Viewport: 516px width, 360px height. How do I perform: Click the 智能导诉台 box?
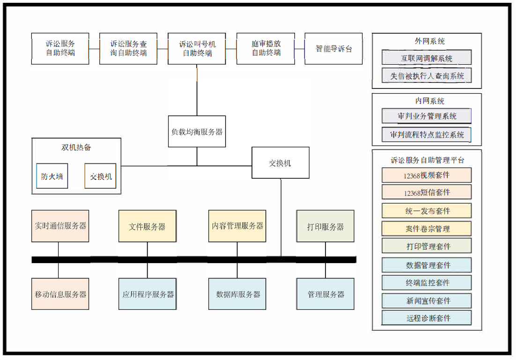[333, 49]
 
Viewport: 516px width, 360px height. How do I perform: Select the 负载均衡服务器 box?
[197, 132]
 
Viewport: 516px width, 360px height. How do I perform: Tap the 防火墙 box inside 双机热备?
[52, 176]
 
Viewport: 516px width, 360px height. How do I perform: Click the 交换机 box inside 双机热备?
[100, 176]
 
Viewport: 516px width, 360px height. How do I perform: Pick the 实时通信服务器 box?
[60, 226]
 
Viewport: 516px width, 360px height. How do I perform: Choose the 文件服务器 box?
[147, 226]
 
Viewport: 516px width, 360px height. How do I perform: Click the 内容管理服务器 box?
[237, 226]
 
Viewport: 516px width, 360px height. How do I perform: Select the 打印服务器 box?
[325, 226]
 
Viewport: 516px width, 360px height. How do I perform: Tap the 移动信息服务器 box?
[60, 294]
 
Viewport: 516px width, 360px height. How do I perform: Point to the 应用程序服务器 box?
[147, 294]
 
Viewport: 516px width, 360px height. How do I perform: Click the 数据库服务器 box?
[237, 294]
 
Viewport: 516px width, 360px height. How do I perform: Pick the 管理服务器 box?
[325, 294]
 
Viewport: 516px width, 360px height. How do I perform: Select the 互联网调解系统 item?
[427, 58]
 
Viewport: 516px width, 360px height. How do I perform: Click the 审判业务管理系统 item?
[427, 116]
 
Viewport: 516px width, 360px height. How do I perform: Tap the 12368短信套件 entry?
[427, 192]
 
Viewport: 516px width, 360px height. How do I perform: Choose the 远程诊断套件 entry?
[427, 318]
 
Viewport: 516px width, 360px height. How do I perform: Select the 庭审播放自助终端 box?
[266, 49]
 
